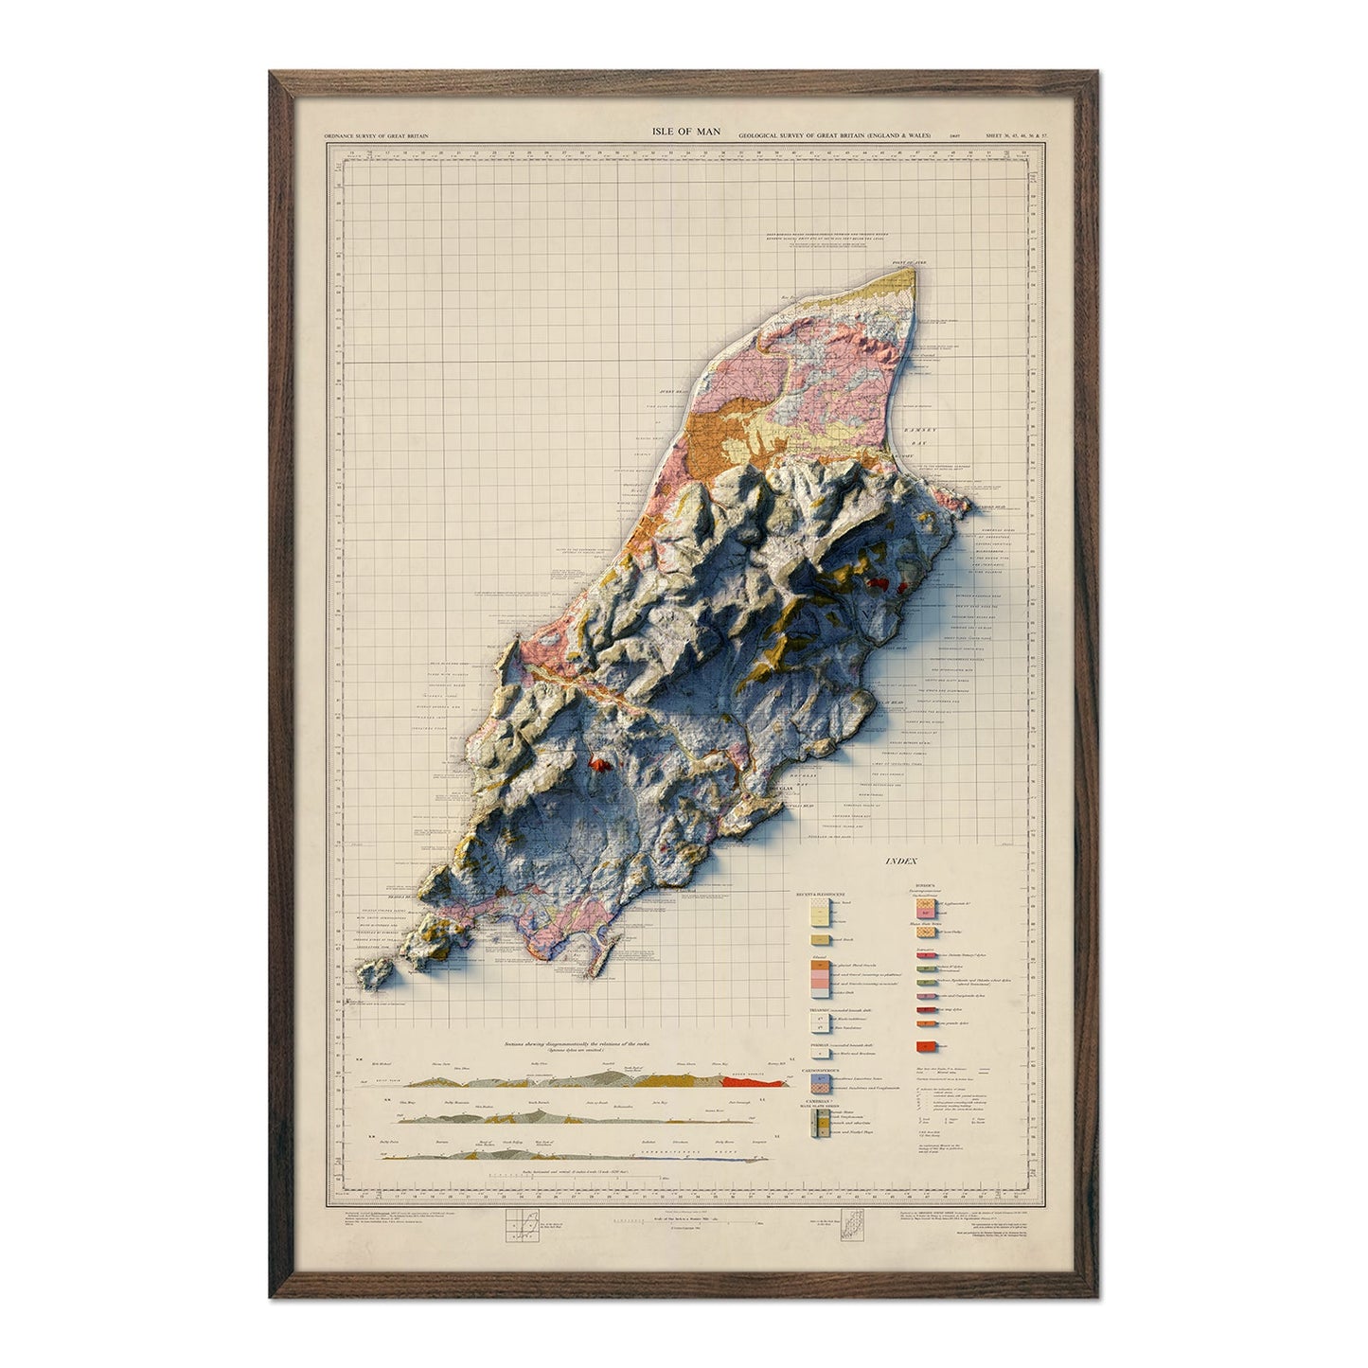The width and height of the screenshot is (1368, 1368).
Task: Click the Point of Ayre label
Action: [x=900, y=264]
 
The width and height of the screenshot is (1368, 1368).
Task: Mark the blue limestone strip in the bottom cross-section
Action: [x=701, y=1156]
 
